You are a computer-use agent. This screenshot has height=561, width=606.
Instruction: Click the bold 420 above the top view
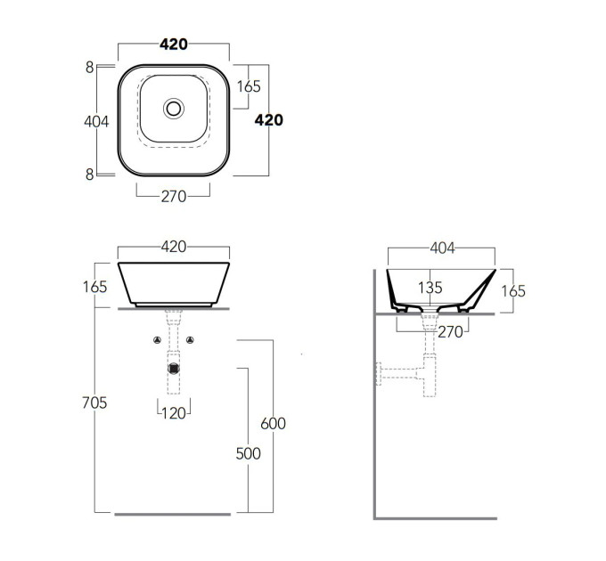[x=174, y=45]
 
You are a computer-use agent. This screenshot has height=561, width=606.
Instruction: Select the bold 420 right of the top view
[x=268, y=120]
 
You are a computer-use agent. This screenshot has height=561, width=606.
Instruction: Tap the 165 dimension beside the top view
[x=249, y=86]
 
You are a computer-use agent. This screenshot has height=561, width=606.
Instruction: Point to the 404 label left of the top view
[x=96, y=122]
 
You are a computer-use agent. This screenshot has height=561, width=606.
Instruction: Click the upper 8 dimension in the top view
[x=90, y=68]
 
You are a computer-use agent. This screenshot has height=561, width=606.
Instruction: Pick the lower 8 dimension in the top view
[x=90, y=175]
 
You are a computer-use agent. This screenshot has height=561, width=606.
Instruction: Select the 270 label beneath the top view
[x=174, y=197]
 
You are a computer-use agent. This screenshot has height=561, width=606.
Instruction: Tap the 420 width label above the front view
[x=174, y=247]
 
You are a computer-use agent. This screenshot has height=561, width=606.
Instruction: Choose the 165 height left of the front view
[x=94, y=287]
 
